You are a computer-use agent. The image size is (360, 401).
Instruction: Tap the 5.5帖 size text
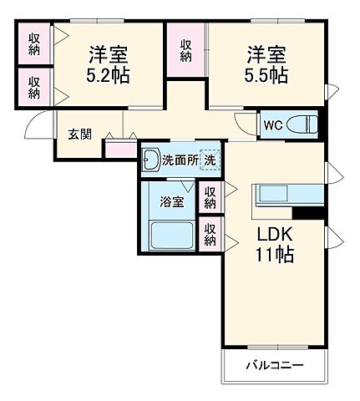(266, 76)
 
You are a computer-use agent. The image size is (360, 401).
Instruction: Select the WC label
(273, 124)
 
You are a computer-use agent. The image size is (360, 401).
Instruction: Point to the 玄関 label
(79, 134)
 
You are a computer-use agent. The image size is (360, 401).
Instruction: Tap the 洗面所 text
(180, 160)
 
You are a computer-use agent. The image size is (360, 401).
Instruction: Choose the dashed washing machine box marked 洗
(210, 160)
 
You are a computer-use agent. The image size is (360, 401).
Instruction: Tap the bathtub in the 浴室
(172, 236)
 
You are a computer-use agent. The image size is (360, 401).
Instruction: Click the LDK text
(274, 236)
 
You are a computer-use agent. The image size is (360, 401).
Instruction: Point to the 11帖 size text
(274, 256)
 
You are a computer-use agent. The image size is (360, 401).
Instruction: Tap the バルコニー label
(274, 366)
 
